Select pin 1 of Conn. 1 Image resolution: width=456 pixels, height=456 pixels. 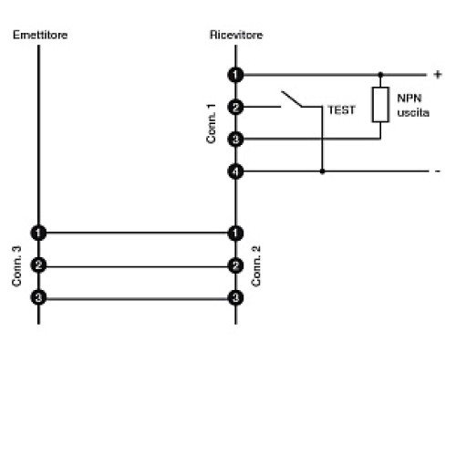(236, 74)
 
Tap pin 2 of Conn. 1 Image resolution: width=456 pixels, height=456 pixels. (236, 107)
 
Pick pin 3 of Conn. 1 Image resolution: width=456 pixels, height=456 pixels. (236, 139)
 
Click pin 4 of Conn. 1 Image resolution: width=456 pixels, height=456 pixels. (236, 171)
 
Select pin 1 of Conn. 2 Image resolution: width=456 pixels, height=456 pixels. (236, 233)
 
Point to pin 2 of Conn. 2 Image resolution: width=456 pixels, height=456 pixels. (236, 265)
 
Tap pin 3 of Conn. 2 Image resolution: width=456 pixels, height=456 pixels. (236, 297)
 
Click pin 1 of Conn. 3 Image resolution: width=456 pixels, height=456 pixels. (38, 233)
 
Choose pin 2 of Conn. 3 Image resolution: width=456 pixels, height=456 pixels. (38, 265)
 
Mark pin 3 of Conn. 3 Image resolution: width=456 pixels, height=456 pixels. (38, 297)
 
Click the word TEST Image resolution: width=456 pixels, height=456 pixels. (341, 109)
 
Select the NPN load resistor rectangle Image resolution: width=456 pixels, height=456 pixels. (380, 105)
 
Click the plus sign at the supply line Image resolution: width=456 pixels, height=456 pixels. (436, 73)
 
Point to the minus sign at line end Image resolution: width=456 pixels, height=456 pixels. (437, 171)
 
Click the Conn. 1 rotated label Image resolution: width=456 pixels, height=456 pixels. (212, 122)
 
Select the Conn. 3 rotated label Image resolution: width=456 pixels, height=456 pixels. (16, 265)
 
